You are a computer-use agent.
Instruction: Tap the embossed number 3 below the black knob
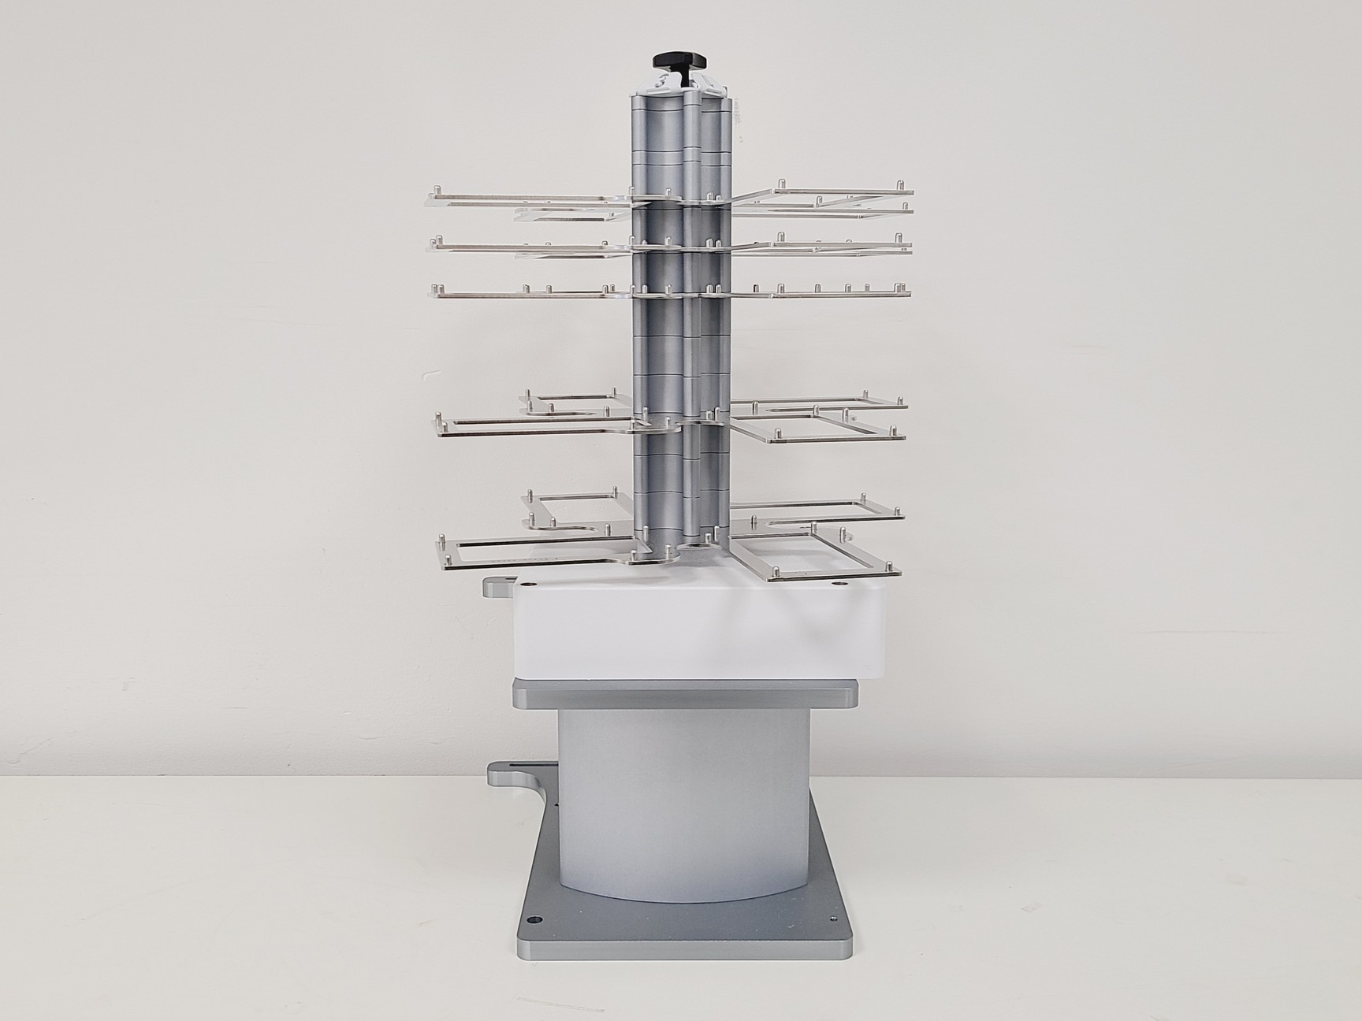[x=663, y=83]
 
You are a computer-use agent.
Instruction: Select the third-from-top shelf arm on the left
[x=528, y=295]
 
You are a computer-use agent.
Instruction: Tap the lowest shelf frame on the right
[x=820, y=551]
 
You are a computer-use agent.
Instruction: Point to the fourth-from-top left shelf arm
[x=528, y=426]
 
